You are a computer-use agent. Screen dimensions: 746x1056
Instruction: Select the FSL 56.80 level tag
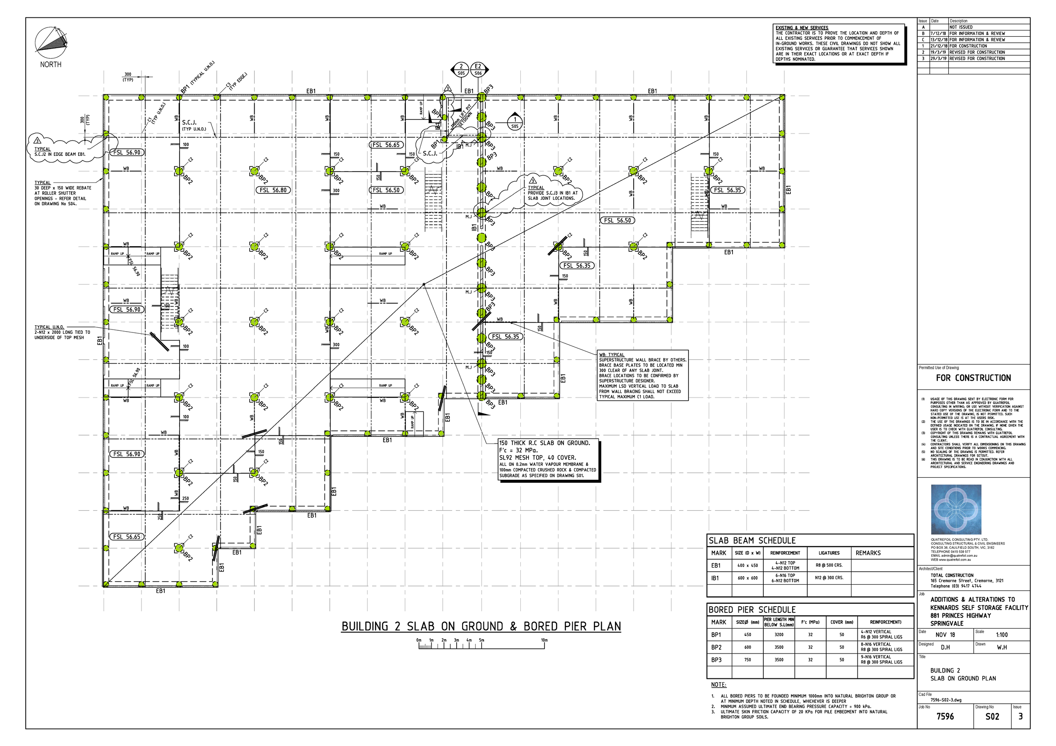(x=273, y=190)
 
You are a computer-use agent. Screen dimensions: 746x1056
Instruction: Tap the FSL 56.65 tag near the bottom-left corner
(x=127, y=537)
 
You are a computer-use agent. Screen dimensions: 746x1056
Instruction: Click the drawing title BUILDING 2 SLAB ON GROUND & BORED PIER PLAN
(x=481, y=626)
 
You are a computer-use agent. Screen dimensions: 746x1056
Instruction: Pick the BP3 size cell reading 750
(x=747, y=659)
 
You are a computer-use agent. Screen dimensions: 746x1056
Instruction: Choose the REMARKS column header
(x=868, y=553)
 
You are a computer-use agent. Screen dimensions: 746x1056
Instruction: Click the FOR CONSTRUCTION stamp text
(x=973, y=378)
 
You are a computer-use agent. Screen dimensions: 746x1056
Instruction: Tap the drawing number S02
(x=992, y=716)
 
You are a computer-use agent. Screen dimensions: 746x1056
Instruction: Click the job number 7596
(x=945, y=716)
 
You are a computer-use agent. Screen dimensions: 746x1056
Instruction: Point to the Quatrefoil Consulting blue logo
(x=956, y=509)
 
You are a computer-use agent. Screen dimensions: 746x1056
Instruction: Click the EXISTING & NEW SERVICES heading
(x=802, y=27)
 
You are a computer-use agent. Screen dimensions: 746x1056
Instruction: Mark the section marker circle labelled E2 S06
(x=478, y=69)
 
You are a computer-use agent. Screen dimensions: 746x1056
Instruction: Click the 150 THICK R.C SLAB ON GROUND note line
(x=544, y=443)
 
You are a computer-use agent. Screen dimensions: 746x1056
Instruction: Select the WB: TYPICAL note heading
(x=611, y=354)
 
